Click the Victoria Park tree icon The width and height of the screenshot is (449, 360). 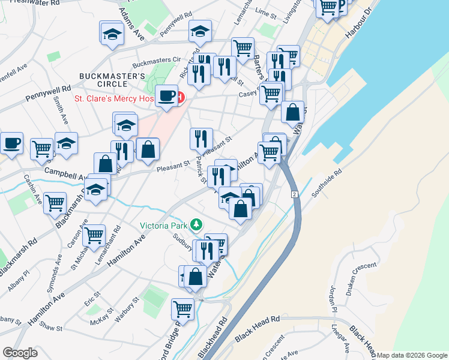[196, 226]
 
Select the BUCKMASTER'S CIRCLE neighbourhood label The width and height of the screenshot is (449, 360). [113, 80]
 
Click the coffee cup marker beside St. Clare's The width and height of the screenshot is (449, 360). [167, 96]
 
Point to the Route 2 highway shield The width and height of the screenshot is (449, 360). [295, 195]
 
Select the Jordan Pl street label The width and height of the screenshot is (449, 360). [332, 300]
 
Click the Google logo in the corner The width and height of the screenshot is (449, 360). [20, 353]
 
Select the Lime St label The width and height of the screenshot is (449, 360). [264, 11]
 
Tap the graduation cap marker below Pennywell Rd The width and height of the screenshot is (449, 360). [200, 32]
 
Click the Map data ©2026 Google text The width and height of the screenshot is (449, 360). [412, 355]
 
